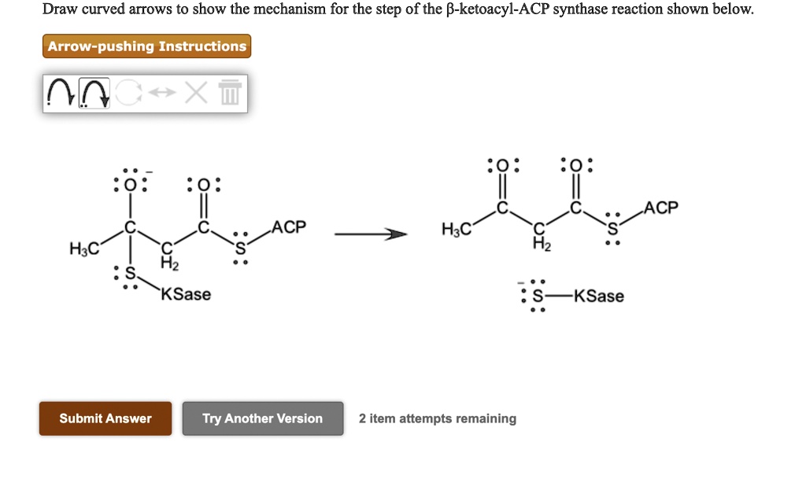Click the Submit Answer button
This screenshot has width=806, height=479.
click(x=105, y=418)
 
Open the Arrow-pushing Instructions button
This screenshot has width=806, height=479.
click(x=146, y=46)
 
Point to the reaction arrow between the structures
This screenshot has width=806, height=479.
click(x=372, y=234)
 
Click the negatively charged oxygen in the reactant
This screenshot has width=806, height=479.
click(x=131, y=186)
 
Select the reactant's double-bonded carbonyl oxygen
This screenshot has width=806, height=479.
click(x=204, y=186)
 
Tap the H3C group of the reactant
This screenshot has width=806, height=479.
click(x=84, y=250)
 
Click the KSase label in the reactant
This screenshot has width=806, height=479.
click(x=187, y=294)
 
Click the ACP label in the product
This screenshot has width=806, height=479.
click(x=660, y=208)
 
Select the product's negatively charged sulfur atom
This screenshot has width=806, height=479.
click(x=538, y=297)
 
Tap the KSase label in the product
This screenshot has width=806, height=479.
click(x=599, y=297)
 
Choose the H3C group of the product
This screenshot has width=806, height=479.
click(x=457, y=230)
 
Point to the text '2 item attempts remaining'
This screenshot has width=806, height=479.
click(x=438, y=418)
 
